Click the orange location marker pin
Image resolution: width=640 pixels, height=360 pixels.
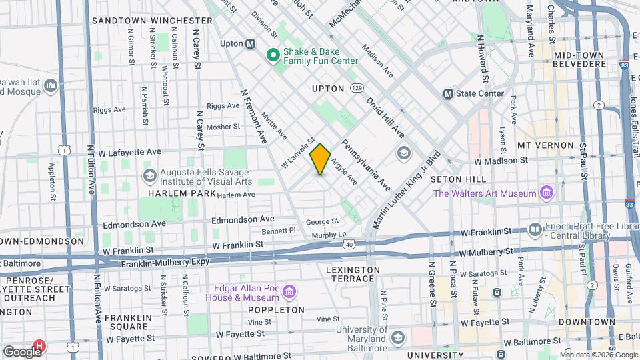tap(320, 159)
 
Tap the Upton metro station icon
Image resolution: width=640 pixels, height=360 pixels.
tap(251, 43)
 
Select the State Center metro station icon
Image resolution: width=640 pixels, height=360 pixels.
tap(448, 93)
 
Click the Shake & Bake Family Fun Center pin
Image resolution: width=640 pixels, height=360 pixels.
tap(272, 55)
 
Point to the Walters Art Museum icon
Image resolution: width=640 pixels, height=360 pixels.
tap(547, 193)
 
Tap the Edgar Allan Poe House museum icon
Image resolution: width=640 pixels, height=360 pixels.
tap(289, 292)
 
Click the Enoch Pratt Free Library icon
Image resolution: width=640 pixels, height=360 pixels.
tap(535, 230)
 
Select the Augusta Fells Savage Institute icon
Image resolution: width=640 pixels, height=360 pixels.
tap(149, 175)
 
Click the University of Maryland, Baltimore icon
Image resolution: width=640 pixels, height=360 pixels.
tap(398, 338)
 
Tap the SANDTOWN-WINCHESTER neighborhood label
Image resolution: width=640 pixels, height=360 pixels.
tap(152, 21)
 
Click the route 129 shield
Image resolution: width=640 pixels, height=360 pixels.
tap(358, 88)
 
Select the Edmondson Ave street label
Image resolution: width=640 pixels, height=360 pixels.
tap(243, 219)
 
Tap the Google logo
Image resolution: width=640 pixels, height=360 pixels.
tap(22, 351)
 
